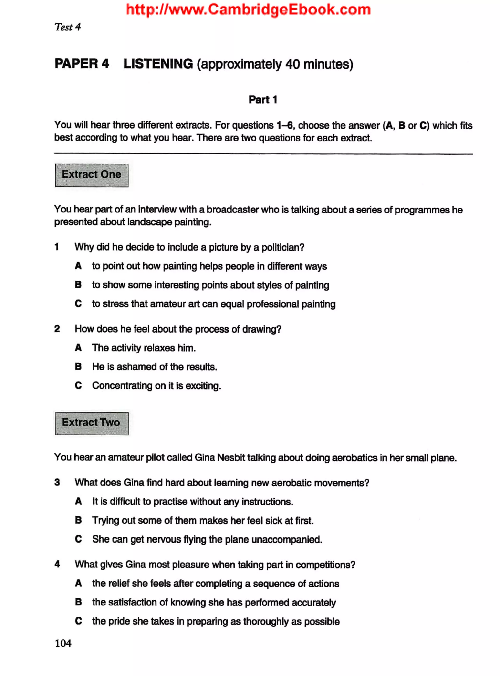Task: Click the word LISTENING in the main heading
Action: pyautogui.click(x=158, y=64)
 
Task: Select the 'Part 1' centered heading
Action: pyautogui.click(x=263, y=100)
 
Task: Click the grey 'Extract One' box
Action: pyautogui.click(x=92, y=175)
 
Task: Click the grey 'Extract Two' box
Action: pyautogui.click(x=92, y=423)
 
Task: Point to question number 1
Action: pyautogui.click(x=57, y=247)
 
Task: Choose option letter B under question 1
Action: pyautogui.click(x=78, y=285)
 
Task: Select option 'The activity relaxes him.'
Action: pyautogui.click(x=144, y=348)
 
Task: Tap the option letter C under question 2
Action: pyautogui.click(x=78, y=385)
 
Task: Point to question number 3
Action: pyautogui.click(x=57, y=482)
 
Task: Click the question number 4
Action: pyautogui.click(x=57, y=564)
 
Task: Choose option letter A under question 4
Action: pyautogui.click(x=78, y=583)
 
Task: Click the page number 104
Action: pyautogui.click(x=63, y=643)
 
